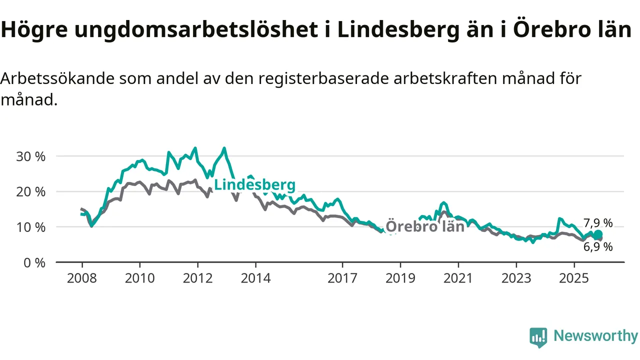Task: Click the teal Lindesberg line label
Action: pos(255,184)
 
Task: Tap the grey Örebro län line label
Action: pos(425,226)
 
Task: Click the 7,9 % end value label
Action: pos(598,223)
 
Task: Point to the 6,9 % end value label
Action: pos(598,246)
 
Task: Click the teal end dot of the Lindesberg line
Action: pos(598,234)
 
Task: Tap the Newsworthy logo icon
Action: pos(538,337)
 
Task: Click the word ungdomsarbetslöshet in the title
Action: pos(195,30)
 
